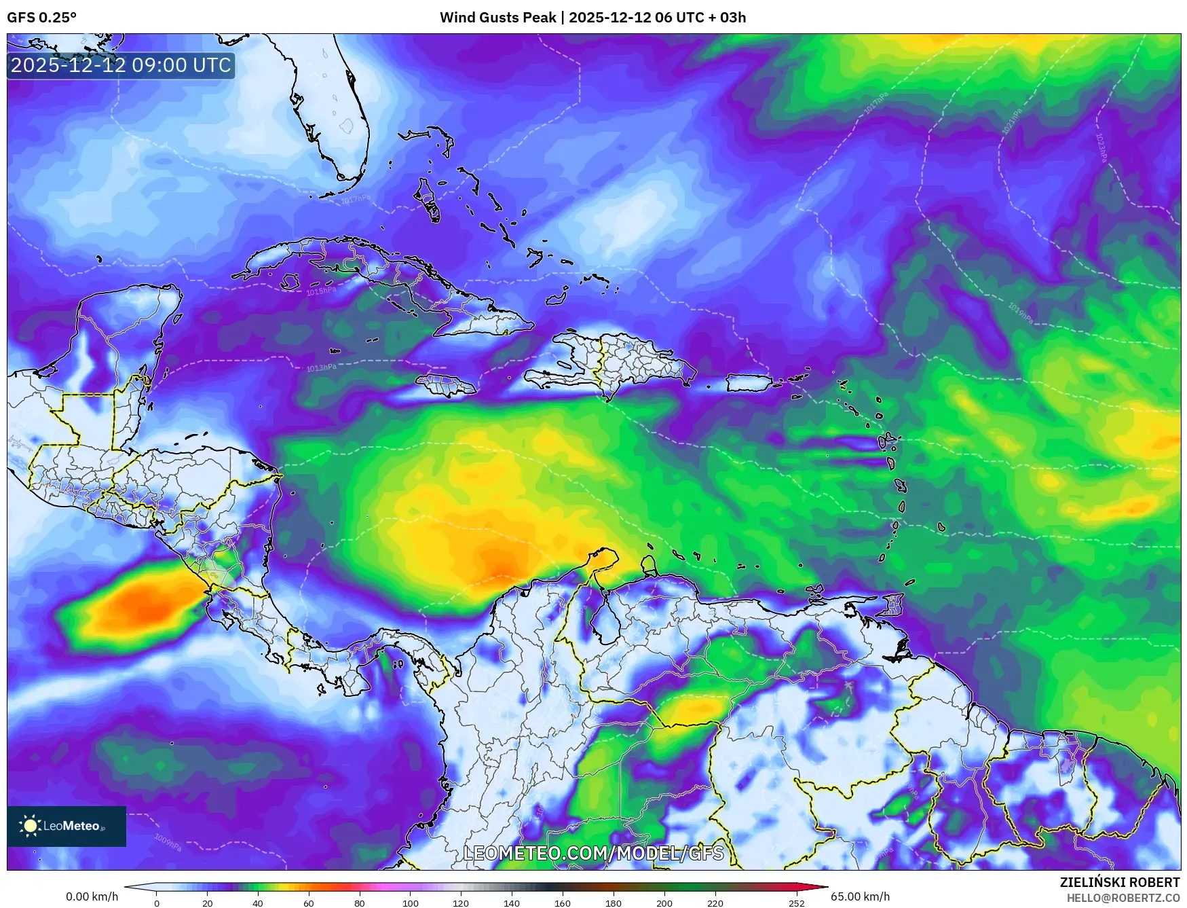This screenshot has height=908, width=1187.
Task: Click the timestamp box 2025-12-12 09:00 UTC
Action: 121,65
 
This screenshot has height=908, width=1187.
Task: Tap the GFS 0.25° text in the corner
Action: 41,18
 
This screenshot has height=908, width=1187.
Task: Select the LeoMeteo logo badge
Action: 67,826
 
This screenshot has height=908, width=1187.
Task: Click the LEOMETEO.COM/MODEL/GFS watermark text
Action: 593,853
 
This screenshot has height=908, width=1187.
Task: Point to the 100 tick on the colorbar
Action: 410,903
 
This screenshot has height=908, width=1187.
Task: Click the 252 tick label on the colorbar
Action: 797,903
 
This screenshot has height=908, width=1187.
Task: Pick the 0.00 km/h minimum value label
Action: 92,896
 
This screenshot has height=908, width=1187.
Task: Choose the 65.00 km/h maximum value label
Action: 860,896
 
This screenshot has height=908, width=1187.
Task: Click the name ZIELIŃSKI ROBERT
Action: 1120,882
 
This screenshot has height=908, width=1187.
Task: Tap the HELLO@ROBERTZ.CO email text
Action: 1123,898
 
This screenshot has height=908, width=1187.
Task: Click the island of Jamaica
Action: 446,386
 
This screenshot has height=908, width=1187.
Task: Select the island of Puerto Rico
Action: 749,383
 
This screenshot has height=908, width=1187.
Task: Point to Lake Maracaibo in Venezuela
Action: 603,621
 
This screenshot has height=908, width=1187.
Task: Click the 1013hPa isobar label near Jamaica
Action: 321,368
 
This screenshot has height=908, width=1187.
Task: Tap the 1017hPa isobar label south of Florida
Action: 356,199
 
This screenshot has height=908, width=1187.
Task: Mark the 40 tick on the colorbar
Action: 258,903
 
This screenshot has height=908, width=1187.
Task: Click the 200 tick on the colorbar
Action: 664,903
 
